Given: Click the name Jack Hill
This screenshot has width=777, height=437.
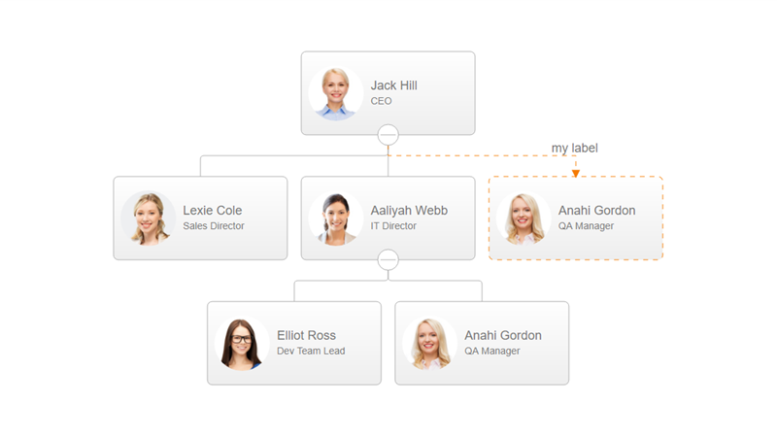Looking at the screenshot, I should pos(393,85).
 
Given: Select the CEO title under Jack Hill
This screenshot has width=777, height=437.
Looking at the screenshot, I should pos(381,101).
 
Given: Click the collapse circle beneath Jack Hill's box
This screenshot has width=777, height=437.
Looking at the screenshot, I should pos(388,135).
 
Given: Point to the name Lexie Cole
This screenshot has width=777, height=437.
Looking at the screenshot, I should pos(212,211).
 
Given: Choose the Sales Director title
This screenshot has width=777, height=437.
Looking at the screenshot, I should pos(213,226).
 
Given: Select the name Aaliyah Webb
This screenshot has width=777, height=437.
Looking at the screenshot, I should pos(409,211).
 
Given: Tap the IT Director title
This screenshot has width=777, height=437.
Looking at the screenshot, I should pos(392,226).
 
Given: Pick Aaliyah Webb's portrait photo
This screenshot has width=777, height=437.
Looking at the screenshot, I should pos(336,218).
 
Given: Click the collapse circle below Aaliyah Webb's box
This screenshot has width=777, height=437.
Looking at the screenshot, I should pos(388,259).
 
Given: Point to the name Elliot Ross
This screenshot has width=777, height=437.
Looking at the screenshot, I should pos(306,336).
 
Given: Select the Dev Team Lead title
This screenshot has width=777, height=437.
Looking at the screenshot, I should pos(311,352).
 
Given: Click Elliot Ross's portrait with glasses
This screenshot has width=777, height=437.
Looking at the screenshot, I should pos(242,343).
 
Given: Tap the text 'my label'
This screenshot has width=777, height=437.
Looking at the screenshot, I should pos(575,148).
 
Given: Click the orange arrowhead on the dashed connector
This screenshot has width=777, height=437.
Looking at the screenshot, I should pos(576,173).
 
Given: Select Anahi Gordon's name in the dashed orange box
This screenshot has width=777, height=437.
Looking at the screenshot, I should pos(596,211).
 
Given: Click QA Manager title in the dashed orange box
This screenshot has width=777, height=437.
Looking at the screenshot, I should pos(586,226).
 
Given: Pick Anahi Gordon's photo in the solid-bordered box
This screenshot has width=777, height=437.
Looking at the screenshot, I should pos(429,343).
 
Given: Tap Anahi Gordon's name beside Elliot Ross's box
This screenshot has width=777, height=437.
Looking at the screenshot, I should pos(502,336).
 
